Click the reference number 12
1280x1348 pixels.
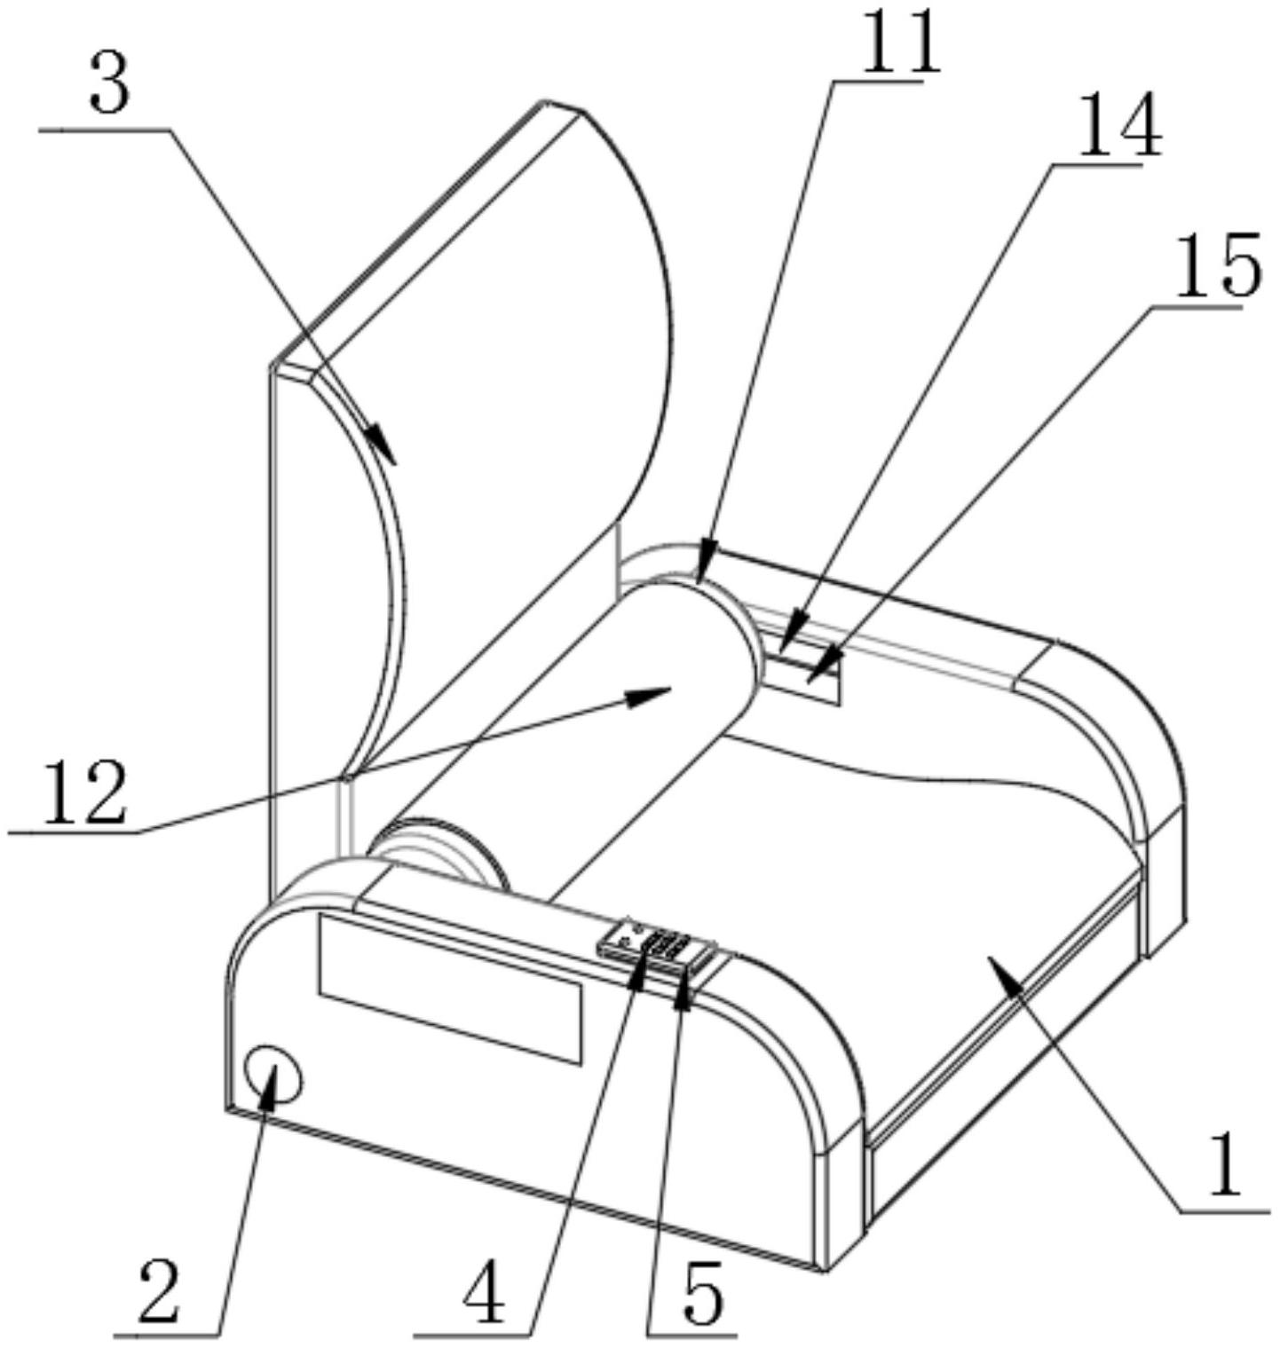click(85, 792)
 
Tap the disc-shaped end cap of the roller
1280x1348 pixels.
click(439, 853)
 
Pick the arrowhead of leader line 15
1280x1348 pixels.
click(822, 667)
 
